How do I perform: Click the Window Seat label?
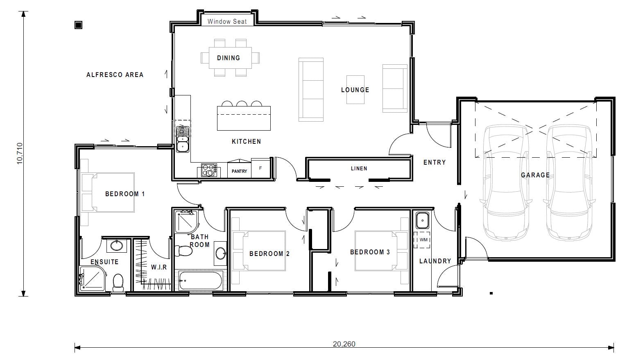(x=227, y=21)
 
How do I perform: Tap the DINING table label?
(x=229, y=58)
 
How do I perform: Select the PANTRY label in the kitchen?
(x=239, y=171)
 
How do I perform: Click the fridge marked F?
(x=260, y=168)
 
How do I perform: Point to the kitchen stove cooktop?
(x=209, y=170)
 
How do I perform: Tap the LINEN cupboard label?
(x=359, y=168)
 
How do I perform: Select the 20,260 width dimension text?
(x=344, y=344)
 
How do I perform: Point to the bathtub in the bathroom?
(x=200, y=281)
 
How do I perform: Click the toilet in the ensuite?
(x=118, y=282)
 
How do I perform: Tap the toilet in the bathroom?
(x=183, y=250)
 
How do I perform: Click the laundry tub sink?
(x=422, y=220)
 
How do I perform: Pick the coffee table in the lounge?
(x=355, y=89)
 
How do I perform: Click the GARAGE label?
(x=535, y=175)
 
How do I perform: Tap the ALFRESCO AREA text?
(x=115, y=75)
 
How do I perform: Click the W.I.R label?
(x=159, y=267)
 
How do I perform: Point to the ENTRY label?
(x=435, y=162)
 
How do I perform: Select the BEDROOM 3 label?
(x=370, y=252)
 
